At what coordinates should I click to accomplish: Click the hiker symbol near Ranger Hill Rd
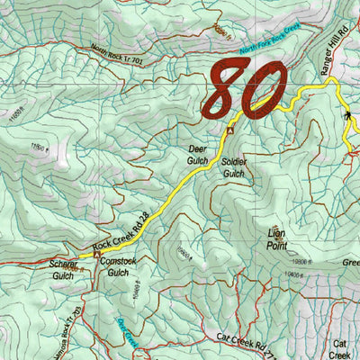(348, 116)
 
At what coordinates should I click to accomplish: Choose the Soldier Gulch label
(233, 166)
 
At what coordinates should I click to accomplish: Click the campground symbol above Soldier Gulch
(229, 130)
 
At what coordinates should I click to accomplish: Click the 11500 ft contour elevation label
(38, 146)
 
